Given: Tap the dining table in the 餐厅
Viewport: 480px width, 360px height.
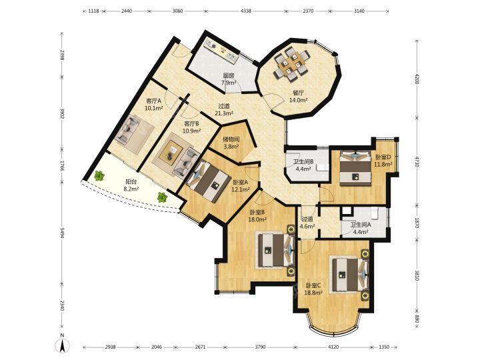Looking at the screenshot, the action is pos(291,65).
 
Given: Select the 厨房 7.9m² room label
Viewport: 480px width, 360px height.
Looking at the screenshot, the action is pos(229,79).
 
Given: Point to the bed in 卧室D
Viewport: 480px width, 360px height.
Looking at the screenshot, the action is pos(355,168).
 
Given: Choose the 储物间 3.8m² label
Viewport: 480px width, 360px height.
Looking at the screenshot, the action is pos(231,143).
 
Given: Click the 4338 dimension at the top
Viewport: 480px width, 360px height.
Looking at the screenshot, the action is pos(246,11).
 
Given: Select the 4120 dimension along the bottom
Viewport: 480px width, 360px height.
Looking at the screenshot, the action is pos(333,347).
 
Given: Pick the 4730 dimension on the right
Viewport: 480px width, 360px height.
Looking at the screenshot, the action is pos(417,161).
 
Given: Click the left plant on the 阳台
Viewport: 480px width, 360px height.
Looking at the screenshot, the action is pos(99,175).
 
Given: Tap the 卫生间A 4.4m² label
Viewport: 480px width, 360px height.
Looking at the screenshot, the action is pos(361,229).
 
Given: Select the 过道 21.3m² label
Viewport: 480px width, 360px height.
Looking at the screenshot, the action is pos(224,109).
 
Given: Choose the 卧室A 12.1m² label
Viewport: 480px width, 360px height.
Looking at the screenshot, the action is pos(240,185).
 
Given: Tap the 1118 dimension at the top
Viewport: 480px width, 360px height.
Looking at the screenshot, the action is pos(93,11).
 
